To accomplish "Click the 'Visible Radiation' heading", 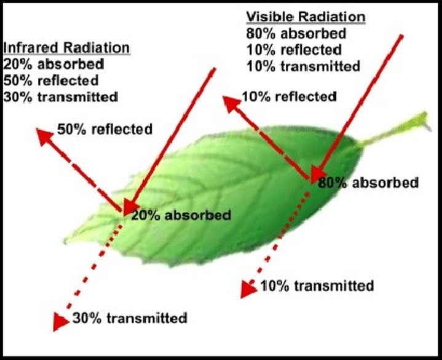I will click(x=306, y=17).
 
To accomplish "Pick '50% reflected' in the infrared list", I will click(x=51, y=80).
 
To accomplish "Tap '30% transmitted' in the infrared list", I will click(x=60, y=96).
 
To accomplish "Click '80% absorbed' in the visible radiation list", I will click(x=295, y=33).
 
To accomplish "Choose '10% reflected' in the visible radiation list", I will click(x=293, y=49).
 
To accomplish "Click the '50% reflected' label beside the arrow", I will click(x=104, y=129).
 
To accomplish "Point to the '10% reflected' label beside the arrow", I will click(x=289, y=96).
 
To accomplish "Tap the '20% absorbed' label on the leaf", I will click(x=182, y=215).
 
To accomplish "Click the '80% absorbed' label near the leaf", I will click(x=368, y=182).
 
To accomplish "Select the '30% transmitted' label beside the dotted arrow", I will click(x=130, y=318).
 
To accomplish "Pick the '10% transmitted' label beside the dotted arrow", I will click(x=317, y=286).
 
